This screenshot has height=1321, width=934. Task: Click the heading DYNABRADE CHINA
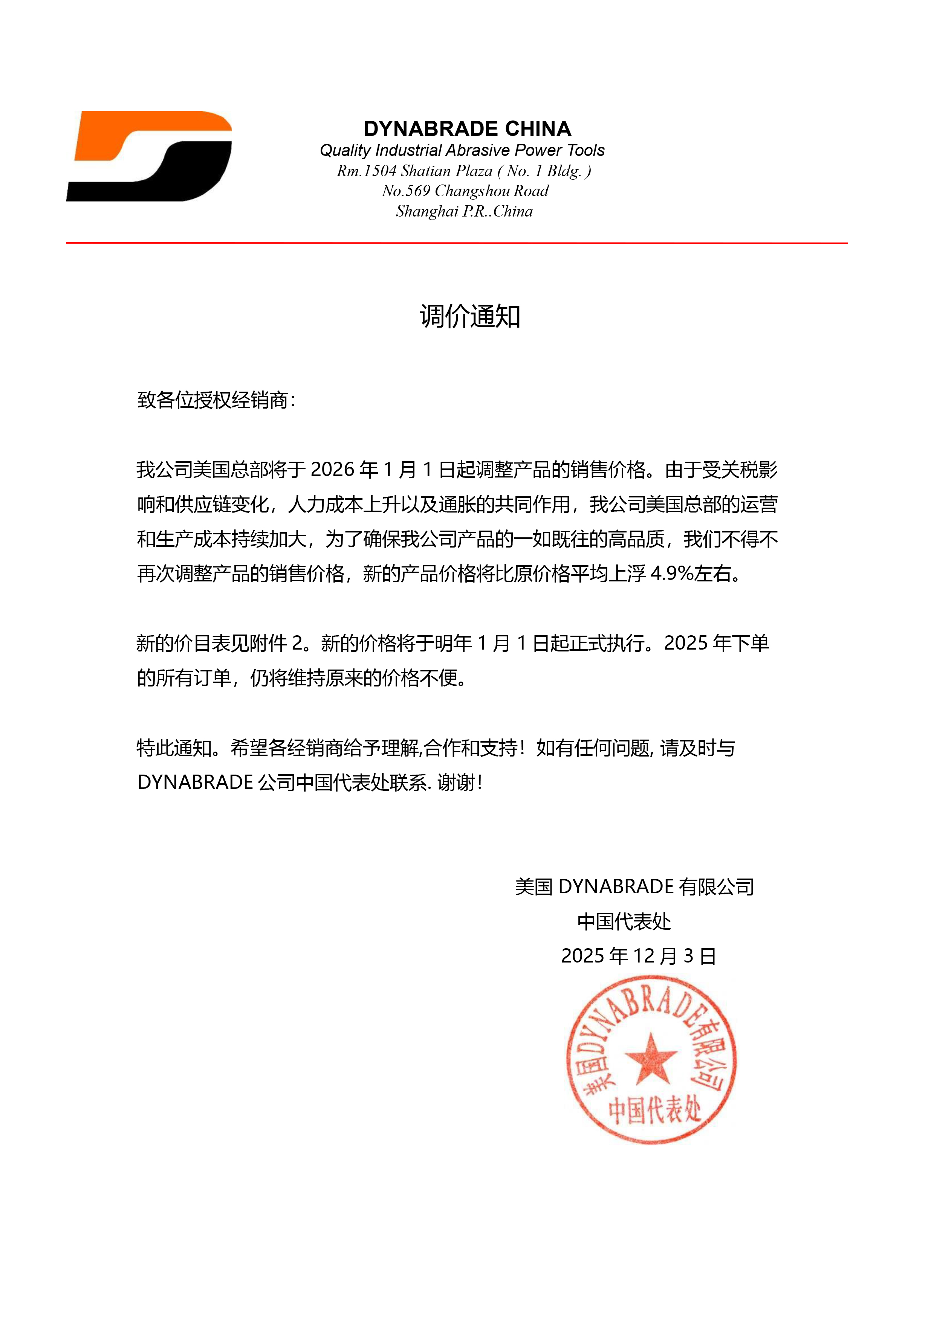(x=467, y=128)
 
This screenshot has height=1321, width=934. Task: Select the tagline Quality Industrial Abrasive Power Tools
(x=462, y=150)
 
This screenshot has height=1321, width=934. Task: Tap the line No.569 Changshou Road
(x=465, y=191)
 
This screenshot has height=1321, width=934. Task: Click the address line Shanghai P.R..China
(x=464, y=212)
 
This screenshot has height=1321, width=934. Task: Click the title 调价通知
(x=469, y=316)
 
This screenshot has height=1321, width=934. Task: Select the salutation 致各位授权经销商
(x=213, y=400)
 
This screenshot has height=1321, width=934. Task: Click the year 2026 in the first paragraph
(x=332, y=470)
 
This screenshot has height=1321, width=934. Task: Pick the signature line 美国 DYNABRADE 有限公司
(x=634, y=886)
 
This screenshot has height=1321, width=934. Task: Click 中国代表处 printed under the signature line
(x=624, y=922)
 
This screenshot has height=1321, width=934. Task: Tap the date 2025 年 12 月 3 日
(x=638, y=956)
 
